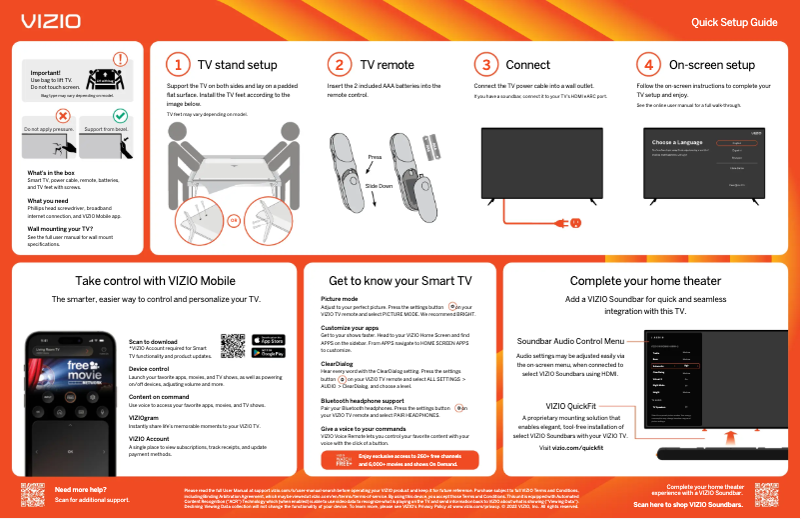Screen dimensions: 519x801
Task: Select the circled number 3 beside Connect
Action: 484,65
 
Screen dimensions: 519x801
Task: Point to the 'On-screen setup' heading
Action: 711,65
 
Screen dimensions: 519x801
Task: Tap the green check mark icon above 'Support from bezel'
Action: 120,117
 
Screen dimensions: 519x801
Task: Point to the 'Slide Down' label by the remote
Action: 379,187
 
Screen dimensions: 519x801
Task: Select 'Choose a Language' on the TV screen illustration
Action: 674,143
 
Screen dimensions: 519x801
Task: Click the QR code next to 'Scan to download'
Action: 233,345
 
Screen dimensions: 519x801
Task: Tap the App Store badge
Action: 269,339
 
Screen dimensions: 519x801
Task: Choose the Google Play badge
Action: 269,353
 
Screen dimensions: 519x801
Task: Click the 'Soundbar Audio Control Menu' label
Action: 570,341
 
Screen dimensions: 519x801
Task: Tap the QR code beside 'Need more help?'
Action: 33,495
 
